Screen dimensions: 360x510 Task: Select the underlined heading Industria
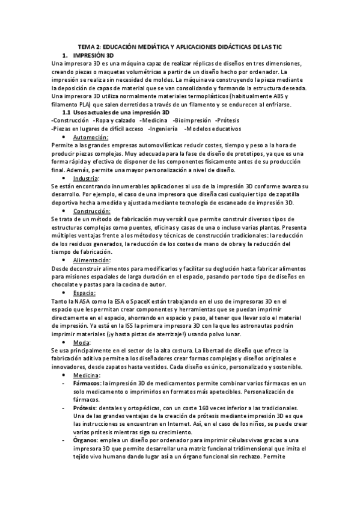87,179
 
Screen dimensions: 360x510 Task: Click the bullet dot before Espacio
64,293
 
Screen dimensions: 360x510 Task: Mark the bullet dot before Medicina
64,375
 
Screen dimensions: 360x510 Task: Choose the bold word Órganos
85,440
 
